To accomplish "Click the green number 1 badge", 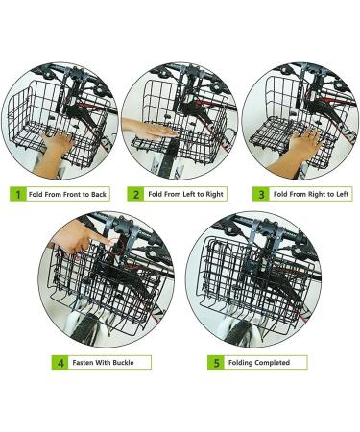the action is pos(18,194).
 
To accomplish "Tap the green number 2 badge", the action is pos(135,194).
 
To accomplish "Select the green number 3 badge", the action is pos(261,194).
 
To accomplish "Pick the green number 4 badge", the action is pos(60,363).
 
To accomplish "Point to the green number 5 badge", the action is pos(216,363).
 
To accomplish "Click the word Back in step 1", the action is pos(99,194).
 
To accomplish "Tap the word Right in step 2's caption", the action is pos(215,194).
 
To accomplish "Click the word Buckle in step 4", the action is pos(123,363).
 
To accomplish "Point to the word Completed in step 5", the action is pos(273,363).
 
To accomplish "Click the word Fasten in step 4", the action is pos(83,363).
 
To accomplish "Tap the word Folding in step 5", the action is pos(241,363).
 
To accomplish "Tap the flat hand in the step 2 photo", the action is pos(150,129).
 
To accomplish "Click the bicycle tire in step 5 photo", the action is pos(242,333).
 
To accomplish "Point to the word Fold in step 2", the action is pos(156,194).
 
